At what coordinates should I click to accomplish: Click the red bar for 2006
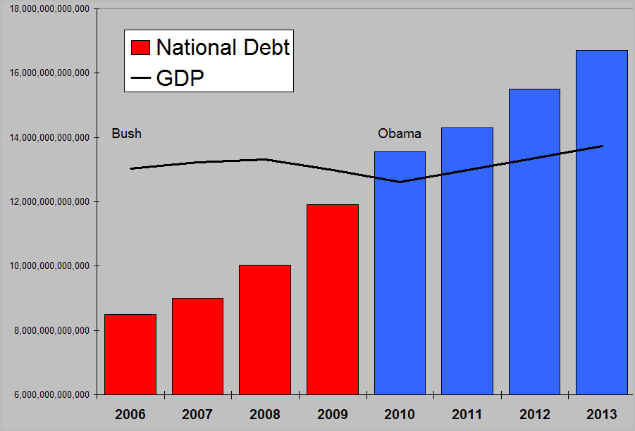130,354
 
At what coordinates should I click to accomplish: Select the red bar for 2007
197,346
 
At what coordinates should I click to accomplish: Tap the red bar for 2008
264,330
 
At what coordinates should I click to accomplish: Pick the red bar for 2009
332,299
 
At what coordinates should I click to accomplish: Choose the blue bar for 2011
467,261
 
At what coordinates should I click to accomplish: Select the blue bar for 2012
534,242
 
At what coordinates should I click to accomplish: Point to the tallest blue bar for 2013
601,222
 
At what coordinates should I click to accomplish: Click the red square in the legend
141,47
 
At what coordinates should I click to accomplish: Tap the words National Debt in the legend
223,47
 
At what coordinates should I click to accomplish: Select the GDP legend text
180,77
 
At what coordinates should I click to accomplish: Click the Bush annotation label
127,133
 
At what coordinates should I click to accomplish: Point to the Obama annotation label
400,133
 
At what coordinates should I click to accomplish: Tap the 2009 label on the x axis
332,414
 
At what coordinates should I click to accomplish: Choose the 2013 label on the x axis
601,414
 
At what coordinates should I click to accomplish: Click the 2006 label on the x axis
130,414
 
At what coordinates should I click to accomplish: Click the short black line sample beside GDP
141,78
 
